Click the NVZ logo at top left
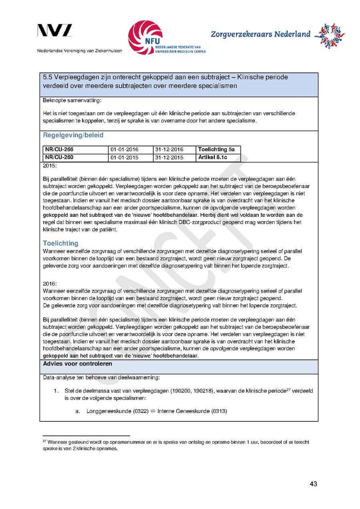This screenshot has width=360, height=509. [x=55, y=31]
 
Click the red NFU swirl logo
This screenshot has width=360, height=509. [x=145, y=38]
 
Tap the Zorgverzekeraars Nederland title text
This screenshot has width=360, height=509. [x=260, y=34]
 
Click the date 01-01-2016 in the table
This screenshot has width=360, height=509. [x=124, y=150]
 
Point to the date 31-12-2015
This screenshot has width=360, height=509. [x=169, y=158]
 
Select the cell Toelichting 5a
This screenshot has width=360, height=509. [x=216, y=150]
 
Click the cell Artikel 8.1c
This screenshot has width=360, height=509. [x=213, y=157]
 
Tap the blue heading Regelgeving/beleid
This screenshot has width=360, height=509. [x=73, y=135]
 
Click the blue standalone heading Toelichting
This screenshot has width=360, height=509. [x=60, y=243]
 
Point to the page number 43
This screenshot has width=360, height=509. [x=313, y=484]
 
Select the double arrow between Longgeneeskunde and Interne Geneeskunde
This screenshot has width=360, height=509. [x=153, y=411]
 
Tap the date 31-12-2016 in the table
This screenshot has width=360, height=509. [x=169, y=150]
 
